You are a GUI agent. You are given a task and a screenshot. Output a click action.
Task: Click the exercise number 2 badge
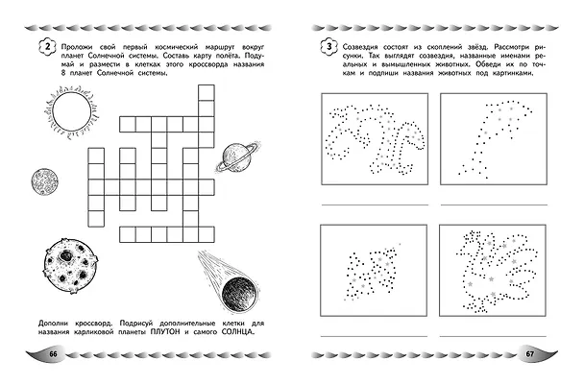click(x=47, y=48)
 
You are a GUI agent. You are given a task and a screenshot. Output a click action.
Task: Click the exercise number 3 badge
click(x=328, y=48)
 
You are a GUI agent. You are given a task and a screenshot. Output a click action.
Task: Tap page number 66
click(x=53, y=353)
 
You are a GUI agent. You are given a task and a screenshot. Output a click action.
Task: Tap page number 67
click(x=530, y=353)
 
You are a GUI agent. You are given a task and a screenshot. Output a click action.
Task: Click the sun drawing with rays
click(x=71, y=111)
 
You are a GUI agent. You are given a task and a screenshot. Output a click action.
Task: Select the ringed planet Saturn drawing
click(x=237, y=157)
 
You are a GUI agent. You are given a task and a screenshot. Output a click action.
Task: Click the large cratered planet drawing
click(x=71, y=265)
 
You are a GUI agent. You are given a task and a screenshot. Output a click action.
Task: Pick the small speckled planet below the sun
click(x=45, y=181)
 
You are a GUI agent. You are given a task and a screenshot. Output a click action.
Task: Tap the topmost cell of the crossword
click(x=207, y=93)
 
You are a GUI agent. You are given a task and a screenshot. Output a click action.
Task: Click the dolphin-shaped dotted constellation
click(x=495, y=138)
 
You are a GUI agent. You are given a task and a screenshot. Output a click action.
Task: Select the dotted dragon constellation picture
click(x=376, y=139)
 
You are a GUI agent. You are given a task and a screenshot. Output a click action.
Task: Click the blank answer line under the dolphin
click(x=494, y=205)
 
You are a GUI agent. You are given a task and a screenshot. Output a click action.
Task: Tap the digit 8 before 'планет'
click(x=63, y=73)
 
